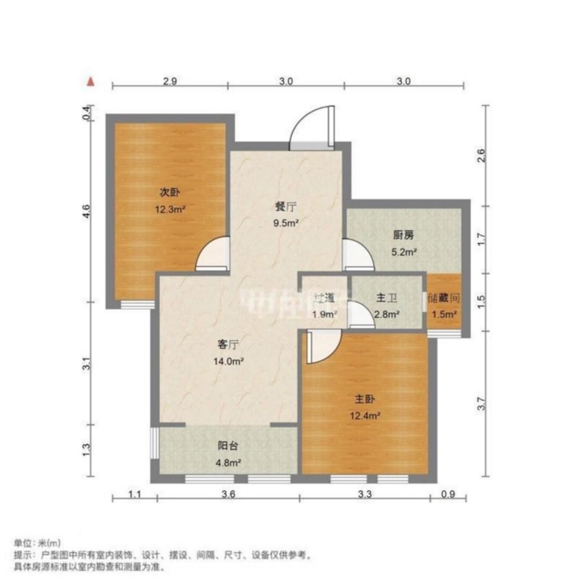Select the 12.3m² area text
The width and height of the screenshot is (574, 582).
click(169, 208)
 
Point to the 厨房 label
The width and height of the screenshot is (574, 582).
click(403, 235)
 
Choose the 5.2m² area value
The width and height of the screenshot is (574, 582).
click(403, 252)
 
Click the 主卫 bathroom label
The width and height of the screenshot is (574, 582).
click(386, 298)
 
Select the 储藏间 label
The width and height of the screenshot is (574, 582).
click(443, 298)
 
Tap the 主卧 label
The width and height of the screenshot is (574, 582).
click(363, 398)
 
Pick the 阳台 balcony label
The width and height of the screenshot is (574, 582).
click(227, 446)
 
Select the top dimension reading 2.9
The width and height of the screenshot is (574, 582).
click(169, 82)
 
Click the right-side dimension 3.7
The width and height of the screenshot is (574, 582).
click(481, 404)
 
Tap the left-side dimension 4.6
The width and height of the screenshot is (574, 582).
click(87, 211)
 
